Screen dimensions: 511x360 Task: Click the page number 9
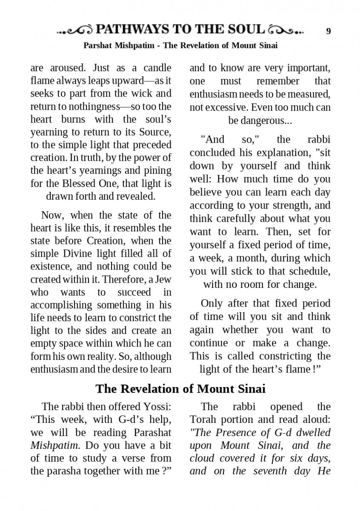(x=328, y=31)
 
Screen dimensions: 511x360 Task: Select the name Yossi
(x=157, y=407)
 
